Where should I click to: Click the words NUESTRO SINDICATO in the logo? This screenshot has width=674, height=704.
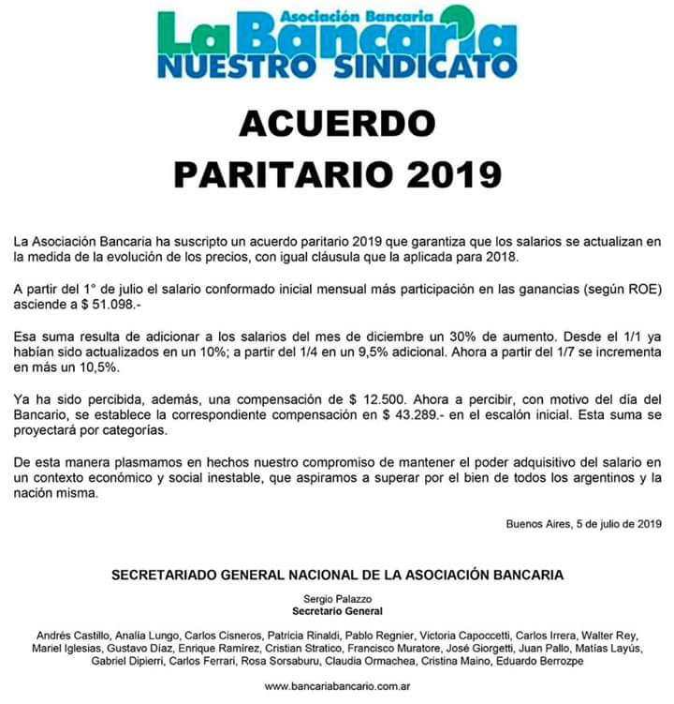337,67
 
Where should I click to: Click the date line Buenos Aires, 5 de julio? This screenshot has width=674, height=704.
583,523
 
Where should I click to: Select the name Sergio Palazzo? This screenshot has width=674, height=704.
337,597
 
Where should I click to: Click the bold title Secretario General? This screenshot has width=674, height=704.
337,610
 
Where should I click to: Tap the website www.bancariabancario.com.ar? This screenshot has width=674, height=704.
337,687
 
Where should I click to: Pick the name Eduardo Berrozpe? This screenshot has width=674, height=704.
545,662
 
